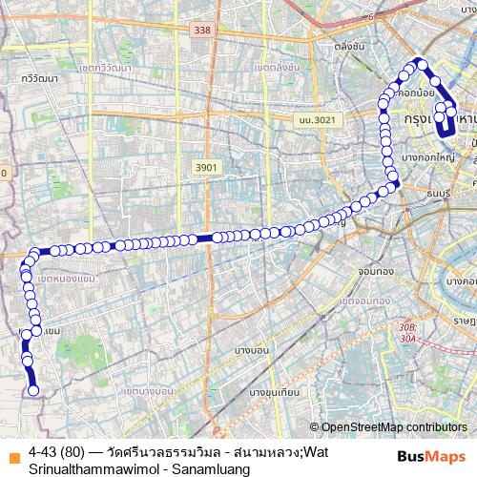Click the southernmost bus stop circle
(33, 390)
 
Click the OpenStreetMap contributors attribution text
(393, 427)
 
